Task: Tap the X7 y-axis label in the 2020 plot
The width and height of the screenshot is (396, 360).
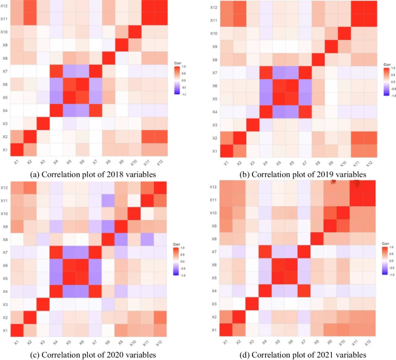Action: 4,251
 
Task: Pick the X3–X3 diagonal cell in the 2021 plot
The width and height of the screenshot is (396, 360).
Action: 251,305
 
